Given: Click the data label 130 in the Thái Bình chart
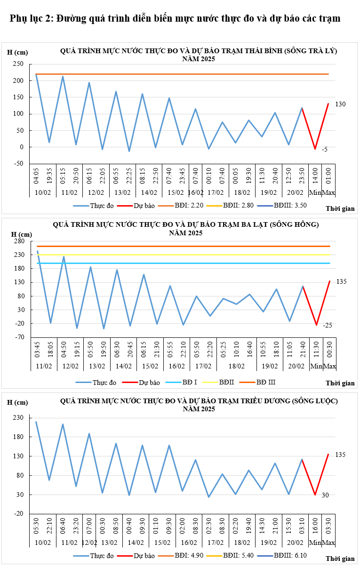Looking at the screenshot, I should tap(340, 104).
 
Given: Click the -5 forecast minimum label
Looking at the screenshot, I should tap(325, 149).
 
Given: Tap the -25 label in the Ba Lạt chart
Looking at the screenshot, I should tap(328, 325).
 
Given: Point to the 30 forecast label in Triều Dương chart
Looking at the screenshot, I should tap(326, 495).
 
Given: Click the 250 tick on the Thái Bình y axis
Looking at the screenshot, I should tap(18, 64).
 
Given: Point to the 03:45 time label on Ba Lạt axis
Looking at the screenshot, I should tap(37, 353).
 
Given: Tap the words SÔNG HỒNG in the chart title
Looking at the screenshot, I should tap(295, 224).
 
